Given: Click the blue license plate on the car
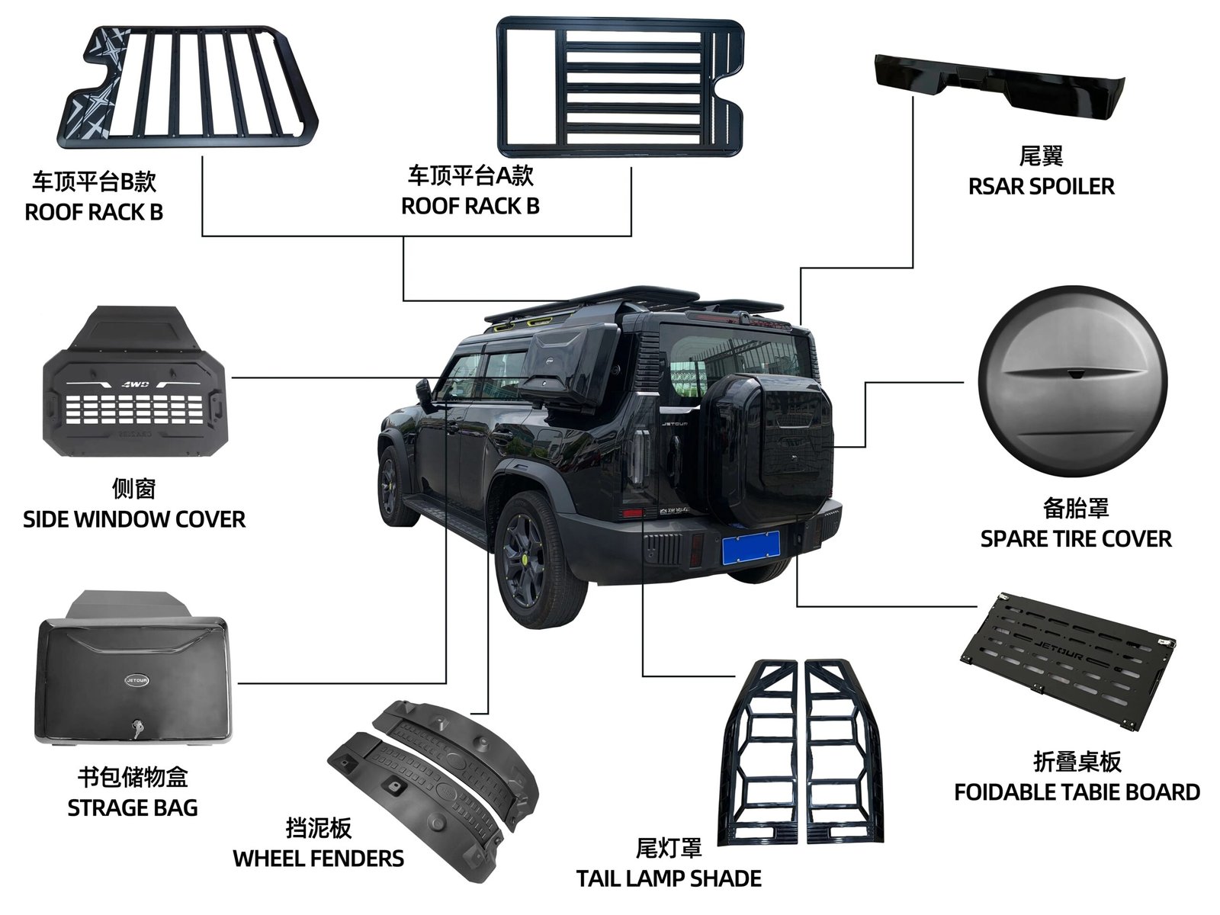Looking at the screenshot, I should click(x=751, y=548).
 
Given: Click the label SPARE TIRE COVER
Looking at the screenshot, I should click(x=1075, y=539).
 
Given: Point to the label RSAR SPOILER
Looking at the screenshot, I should click(x=1041, y=187).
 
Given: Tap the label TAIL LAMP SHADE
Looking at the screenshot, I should click(x=669, y=878).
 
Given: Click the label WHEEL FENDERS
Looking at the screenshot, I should click(x=318, y=859).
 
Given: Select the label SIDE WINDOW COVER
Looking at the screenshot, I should click(x=134, y=520).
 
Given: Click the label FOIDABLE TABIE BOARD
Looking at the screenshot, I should click(x=1077, y=792).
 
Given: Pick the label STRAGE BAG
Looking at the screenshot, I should click(x=133, y=808).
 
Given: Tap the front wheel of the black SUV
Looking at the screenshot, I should click(x=396, y=486).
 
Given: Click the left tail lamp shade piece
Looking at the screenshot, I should click(x=759, y=751).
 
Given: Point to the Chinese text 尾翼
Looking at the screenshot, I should click(x=1041, y=156).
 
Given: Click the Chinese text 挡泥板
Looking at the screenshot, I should click(x=318, y=829).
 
